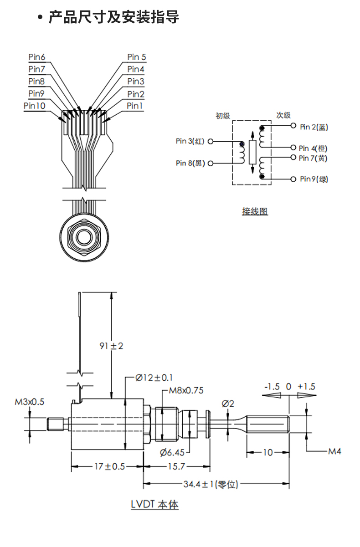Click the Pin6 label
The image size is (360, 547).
pyautogui.click(x=37, y=57)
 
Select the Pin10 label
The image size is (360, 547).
pyautogui.click(x=35, y=106)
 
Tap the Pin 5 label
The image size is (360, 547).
pyautogui.click(x=137, y=57)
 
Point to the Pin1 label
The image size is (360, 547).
pyautogui.click(x=135, y=106)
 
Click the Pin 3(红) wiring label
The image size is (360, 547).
pyautogui.click(x=190, y=141)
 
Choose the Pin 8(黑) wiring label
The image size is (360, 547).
pyautogui.click(x=190, y=163)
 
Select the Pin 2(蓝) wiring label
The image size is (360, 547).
pyautogui.click(x=314, y=127)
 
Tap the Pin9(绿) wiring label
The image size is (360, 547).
pyautogui.click(x=314, y=179)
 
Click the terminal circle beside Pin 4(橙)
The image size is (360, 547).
pyautogui.click(x=293, y=148)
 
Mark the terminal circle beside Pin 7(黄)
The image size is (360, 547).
pyautogui.click(x=293, y=158)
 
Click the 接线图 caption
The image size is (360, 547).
pyautogui.click(x=255, y=211)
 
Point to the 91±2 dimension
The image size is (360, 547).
pyautogui.click(x=112, y=346)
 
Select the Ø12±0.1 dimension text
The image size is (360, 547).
pyautogui.click(x=154, y=378)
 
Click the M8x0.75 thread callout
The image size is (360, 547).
pyautogui.click(x=186, y=390)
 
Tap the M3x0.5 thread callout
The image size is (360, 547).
pyautogui.click(x=30, y=402)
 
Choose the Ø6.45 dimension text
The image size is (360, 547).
pyautogui.click(x=172, y=452)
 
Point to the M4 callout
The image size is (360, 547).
pyautogui.click(x=335, y=451)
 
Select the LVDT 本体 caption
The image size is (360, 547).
pyautogui.click(x=155, y=504)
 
